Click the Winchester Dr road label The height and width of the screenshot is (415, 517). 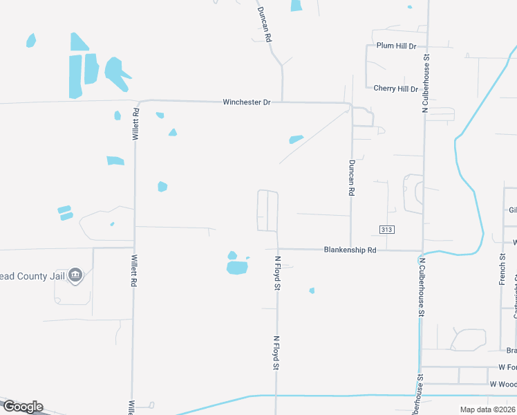246,102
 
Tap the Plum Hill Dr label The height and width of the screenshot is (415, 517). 396,46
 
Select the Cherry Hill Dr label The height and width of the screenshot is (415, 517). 395,89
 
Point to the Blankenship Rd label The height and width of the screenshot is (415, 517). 350,250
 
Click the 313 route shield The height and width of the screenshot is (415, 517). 386,229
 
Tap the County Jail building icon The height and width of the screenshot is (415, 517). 76,275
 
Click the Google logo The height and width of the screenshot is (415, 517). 22,407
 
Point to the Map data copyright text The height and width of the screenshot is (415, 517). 487,409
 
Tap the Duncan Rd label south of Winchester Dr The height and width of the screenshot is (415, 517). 351,178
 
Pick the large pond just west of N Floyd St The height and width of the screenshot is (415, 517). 237,266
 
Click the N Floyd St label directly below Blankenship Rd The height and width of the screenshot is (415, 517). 277,273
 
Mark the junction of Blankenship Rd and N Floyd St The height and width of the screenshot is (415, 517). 277,250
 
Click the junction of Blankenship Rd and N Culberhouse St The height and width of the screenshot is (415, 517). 422,250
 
